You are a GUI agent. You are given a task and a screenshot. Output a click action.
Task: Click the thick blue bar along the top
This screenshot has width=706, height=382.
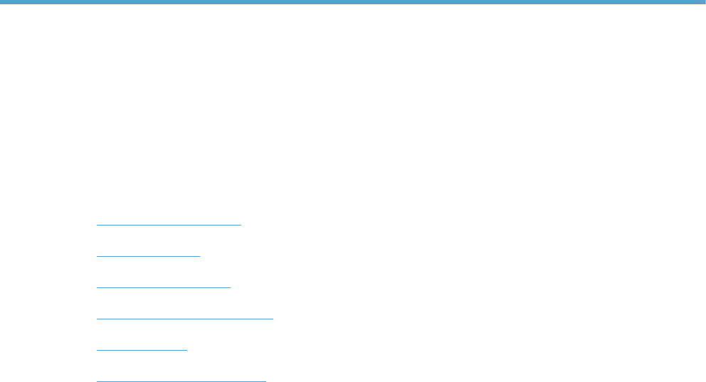[x=353, y=2]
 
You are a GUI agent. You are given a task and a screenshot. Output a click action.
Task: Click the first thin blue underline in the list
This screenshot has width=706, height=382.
[x=169, y=225]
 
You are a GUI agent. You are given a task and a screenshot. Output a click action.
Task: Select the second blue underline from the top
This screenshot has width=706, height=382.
[x=148, y=256]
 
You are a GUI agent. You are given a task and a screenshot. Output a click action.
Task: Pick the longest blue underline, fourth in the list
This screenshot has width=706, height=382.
[x=184, y=319]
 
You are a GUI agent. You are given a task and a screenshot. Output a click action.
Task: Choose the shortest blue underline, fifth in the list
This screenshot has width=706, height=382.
[x=141, y=350]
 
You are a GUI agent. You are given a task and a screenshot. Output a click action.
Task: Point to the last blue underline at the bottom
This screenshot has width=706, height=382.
[x=181, y=381]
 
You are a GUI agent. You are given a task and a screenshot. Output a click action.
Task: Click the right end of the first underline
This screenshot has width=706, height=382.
[x=241, y=225]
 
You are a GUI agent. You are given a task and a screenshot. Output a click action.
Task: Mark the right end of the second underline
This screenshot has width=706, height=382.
[x=200, y=256]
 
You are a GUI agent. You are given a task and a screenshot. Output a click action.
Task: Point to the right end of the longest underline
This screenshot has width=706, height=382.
[x=273, y=319]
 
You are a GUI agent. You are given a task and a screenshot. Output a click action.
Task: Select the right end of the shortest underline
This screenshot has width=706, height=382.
[x=186, y=350]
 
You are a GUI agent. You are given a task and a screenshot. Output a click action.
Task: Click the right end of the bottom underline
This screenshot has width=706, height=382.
[x=265, y=381]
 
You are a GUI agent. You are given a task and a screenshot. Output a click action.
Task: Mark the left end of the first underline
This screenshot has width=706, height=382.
[x=97, y=225]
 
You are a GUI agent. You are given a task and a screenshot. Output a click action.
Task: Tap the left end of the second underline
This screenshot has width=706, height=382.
[x=97, y=256]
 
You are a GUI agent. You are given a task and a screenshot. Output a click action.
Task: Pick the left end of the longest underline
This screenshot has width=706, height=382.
[x=97, y=319]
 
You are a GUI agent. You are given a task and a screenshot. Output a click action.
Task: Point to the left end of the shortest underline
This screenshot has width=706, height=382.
[x=97, y=350]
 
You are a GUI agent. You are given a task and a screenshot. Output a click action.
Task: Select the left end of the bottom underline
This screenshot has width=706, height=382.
[x=97, y=381]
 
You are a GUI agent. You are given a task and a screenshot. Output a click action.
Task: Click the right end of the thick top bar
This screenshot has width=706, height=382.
[x=703, y=2]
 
